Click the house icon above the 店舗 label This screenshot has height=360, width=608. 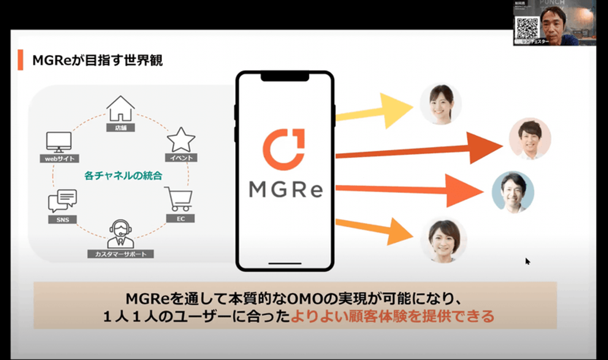120,108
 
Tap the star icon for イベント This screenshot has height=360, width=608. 181,140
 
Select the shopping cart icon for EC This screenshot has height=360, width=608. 179,199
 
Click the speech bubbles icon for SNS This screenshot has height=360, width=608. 62,200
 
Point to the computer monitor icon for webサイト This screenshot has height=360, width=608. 59,142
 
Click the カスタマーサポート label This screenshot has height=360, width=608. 120,254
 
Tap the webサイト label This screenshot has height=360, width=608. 60,159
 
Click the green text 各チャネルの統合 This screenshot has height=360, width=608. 123,176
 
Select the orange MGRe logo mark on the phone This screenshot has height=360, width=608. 284,149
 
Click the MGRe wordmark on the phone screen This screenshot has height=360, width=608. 286,189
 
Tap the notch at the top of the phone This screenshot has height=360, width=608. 285,77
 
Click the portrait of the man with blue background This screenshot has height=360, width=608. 513,192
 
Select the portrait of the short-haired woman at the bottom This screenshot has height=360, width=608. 443,239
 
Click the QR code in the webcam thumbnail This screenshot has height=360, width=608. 527,28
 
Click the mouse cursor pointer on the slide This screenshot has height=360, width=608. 527,261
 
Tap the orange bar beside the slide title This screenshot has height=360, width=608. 20,60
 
